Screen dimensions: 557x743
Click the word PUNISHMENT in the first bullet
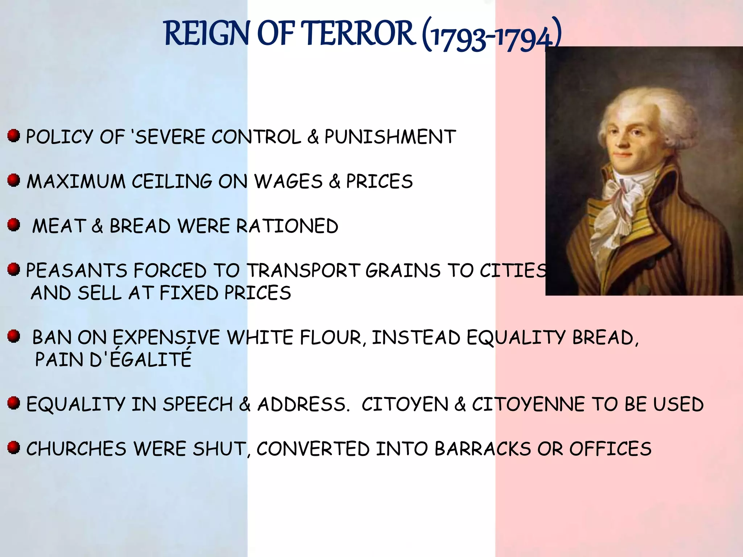coord(390,137)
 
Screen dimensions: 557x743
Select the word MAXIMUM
coord(76,181)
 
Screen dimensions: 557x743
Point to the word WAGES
coord(288,181)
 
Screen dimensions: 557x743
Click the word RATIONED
coord(287,226)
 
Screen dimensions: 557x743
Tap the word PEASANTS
coord(76,271)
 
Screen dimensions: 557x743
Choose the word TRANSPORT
coord(303,271)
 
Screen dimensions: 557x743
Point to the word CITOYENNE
coord(528,404)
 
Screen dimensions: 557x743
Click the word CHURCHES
coord(76,449)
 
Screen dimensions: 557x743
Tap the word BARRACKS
coord(483,449)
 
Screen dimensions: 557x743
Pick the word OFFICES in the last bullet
coord(610,449)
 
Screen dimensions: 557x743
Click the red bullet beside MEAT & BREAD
coord(13,225)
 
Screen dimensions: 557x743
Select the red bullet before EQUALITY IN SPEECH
coord(13,403)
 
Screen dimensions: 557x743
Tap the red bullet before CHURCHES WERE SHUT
coord(13,447)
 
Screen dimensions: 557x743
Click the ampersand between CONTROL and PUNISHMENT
coord(313,137)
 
